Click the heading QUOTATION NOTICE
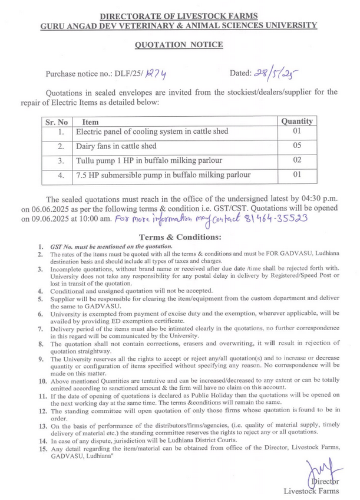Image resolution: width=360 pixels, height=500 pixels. click(x=180, y=45)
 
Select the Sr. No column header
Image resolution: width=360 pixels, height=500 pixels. click(x=57, y=121)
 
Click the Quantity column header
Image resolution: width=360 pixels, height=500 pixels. click(x=296, y=121)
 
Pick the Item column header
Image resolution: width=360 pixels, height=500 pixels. click(x=91, y=121)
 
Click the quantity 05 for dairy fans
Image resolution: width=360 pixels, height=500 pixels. click(x=296, y=146)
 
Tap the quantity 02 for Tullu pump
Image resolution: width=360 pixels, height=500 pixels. click(x=296, y=160)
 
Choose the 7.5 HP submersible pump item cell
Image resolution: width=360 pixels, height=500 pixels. click(x=164, y=175)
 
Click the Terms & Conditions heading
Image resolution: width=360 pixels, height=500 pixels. click(x=179, y=236)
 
